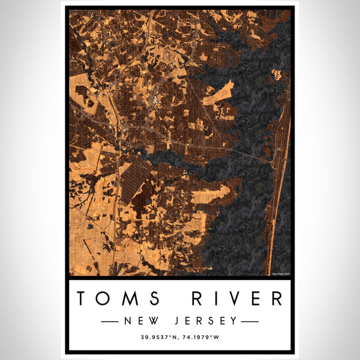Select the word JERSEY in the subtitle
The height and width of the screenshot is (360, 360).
click(207, 321)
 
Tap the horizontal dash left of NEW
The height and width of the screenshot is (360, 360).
click(109, 322)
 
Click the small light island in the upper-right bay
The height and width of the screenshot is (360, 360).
click(277, 75)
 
